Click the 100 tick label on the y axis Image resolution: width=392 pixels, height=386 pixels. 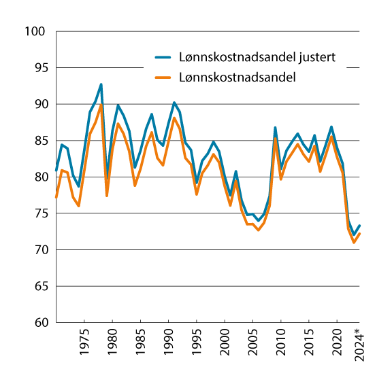coord(35,32)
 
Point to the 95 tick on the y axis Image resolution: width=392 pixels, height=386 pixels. coord(38,68)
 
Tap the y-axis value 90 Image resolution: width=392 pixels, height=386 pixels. coord(38,105)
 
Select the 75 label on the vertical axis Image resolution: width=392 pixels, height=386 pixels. coord(38,213)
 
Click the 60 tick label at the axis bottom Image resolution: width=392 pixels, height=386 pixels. coord(38,323)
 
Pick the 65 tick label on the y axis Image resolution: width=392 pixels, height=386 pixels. coord(38,286)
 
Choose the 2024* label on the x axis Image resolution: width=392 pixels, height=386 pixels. coord(359,345)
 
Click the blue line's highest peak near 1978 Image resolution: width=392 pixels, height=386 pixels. coord(101,84)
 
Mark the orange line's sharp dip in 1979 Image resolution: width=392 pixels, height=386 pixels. coord(107,196)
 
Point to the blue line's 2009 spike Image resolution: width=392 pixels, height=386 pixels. coord(276,127)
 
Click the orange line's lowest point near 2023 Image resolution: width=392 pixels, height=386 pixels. coord(354,243)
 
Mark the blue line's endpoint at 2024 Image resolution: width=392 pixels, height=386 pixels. coord(359,226)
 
